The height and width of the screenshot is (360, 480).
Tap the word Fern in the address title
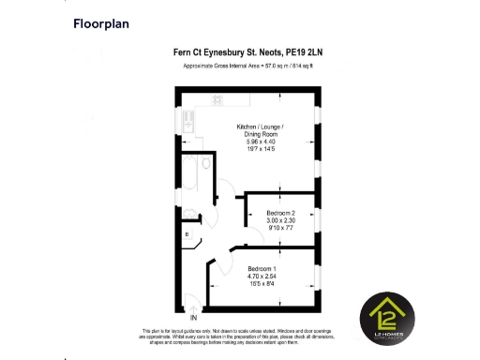point(183,53)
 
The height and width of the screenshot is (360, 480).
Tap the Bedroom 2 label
point(281,213)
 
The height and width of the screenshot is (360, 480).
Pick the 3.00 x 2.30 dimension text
point(281,220)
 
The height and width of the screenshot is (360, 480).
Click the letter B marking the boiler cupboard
point(187,233)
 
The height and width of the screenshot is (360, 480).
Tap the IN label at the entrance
point(195,316)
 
